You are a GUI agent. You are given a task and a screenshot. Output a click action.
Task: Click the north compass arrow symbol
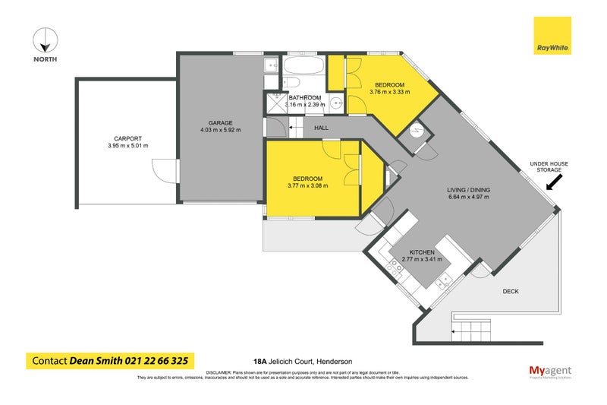tap(46, 39)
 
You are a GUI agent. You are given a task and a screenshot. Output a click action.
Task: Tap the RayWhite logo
tap(552, 36)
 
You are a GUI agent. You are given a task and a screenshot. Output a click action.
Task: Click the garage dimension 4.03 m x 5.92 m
tap(220, 130)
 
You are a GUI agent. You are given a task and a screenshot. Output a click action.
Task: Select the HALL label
tap(322, 128)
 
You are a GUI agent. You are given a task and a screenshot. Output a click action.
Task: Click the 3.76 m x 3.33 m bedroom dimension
tap(389, 92)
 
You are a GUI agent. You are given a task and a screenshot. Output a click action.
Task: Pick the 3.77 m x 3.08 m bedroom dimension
tap(310, 185)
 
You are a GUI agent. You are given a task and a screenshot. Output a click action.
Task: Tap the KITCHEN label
tap(421, 252)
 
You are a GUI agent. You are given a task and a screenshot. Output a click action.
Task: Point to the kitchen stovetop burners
tap(395, 267)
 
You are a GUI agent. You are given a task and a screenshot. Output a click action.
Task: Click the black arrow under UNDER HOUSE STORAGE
tap(555, 182)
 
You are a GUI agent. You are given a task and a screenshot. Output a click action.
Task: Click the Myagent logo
tap(549, 370)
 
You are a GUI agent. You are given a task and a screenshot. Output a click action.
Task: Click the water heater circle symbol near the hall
tap(415, 132)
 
